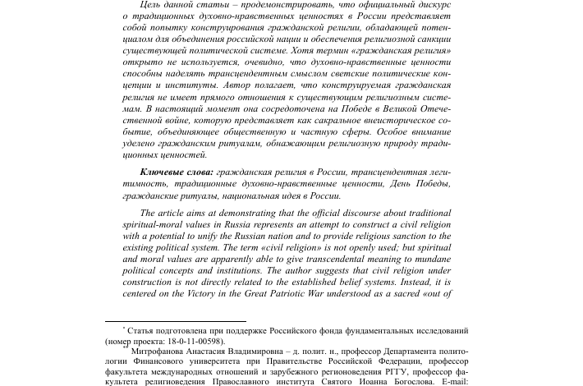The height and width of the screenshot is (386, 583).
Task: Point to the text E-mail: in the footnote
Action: point(448,381)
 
